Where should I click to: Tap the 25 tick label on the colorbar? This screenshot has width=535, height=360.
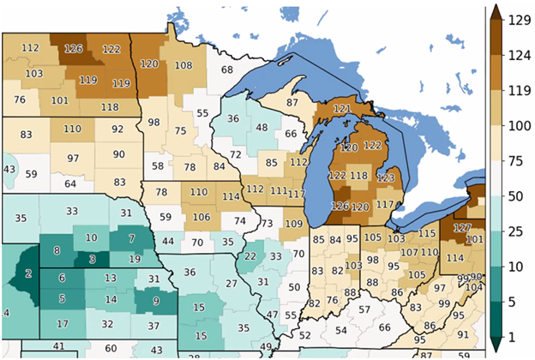[518, 232]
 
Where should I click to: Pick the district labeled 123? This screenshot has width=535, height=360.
[387, 178]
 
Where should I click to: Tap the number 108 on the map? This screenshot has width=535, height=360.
[183, 65]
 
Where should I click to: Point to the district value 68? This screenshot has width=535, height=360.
[226, 69]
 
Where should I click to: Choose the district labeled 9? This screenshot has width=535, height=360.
[155, 300]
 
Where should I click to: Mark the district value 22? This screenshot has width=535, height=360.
[250, 255]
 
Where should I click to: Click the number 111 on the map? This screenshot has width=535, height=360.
[278, 189]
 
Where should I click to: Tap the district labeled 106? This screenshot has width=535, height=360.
[201, 217]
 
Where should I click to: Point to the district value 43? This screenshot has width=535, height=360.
[9, 169]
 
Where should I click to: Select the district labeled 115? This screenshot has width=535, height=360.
[427, 234]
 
